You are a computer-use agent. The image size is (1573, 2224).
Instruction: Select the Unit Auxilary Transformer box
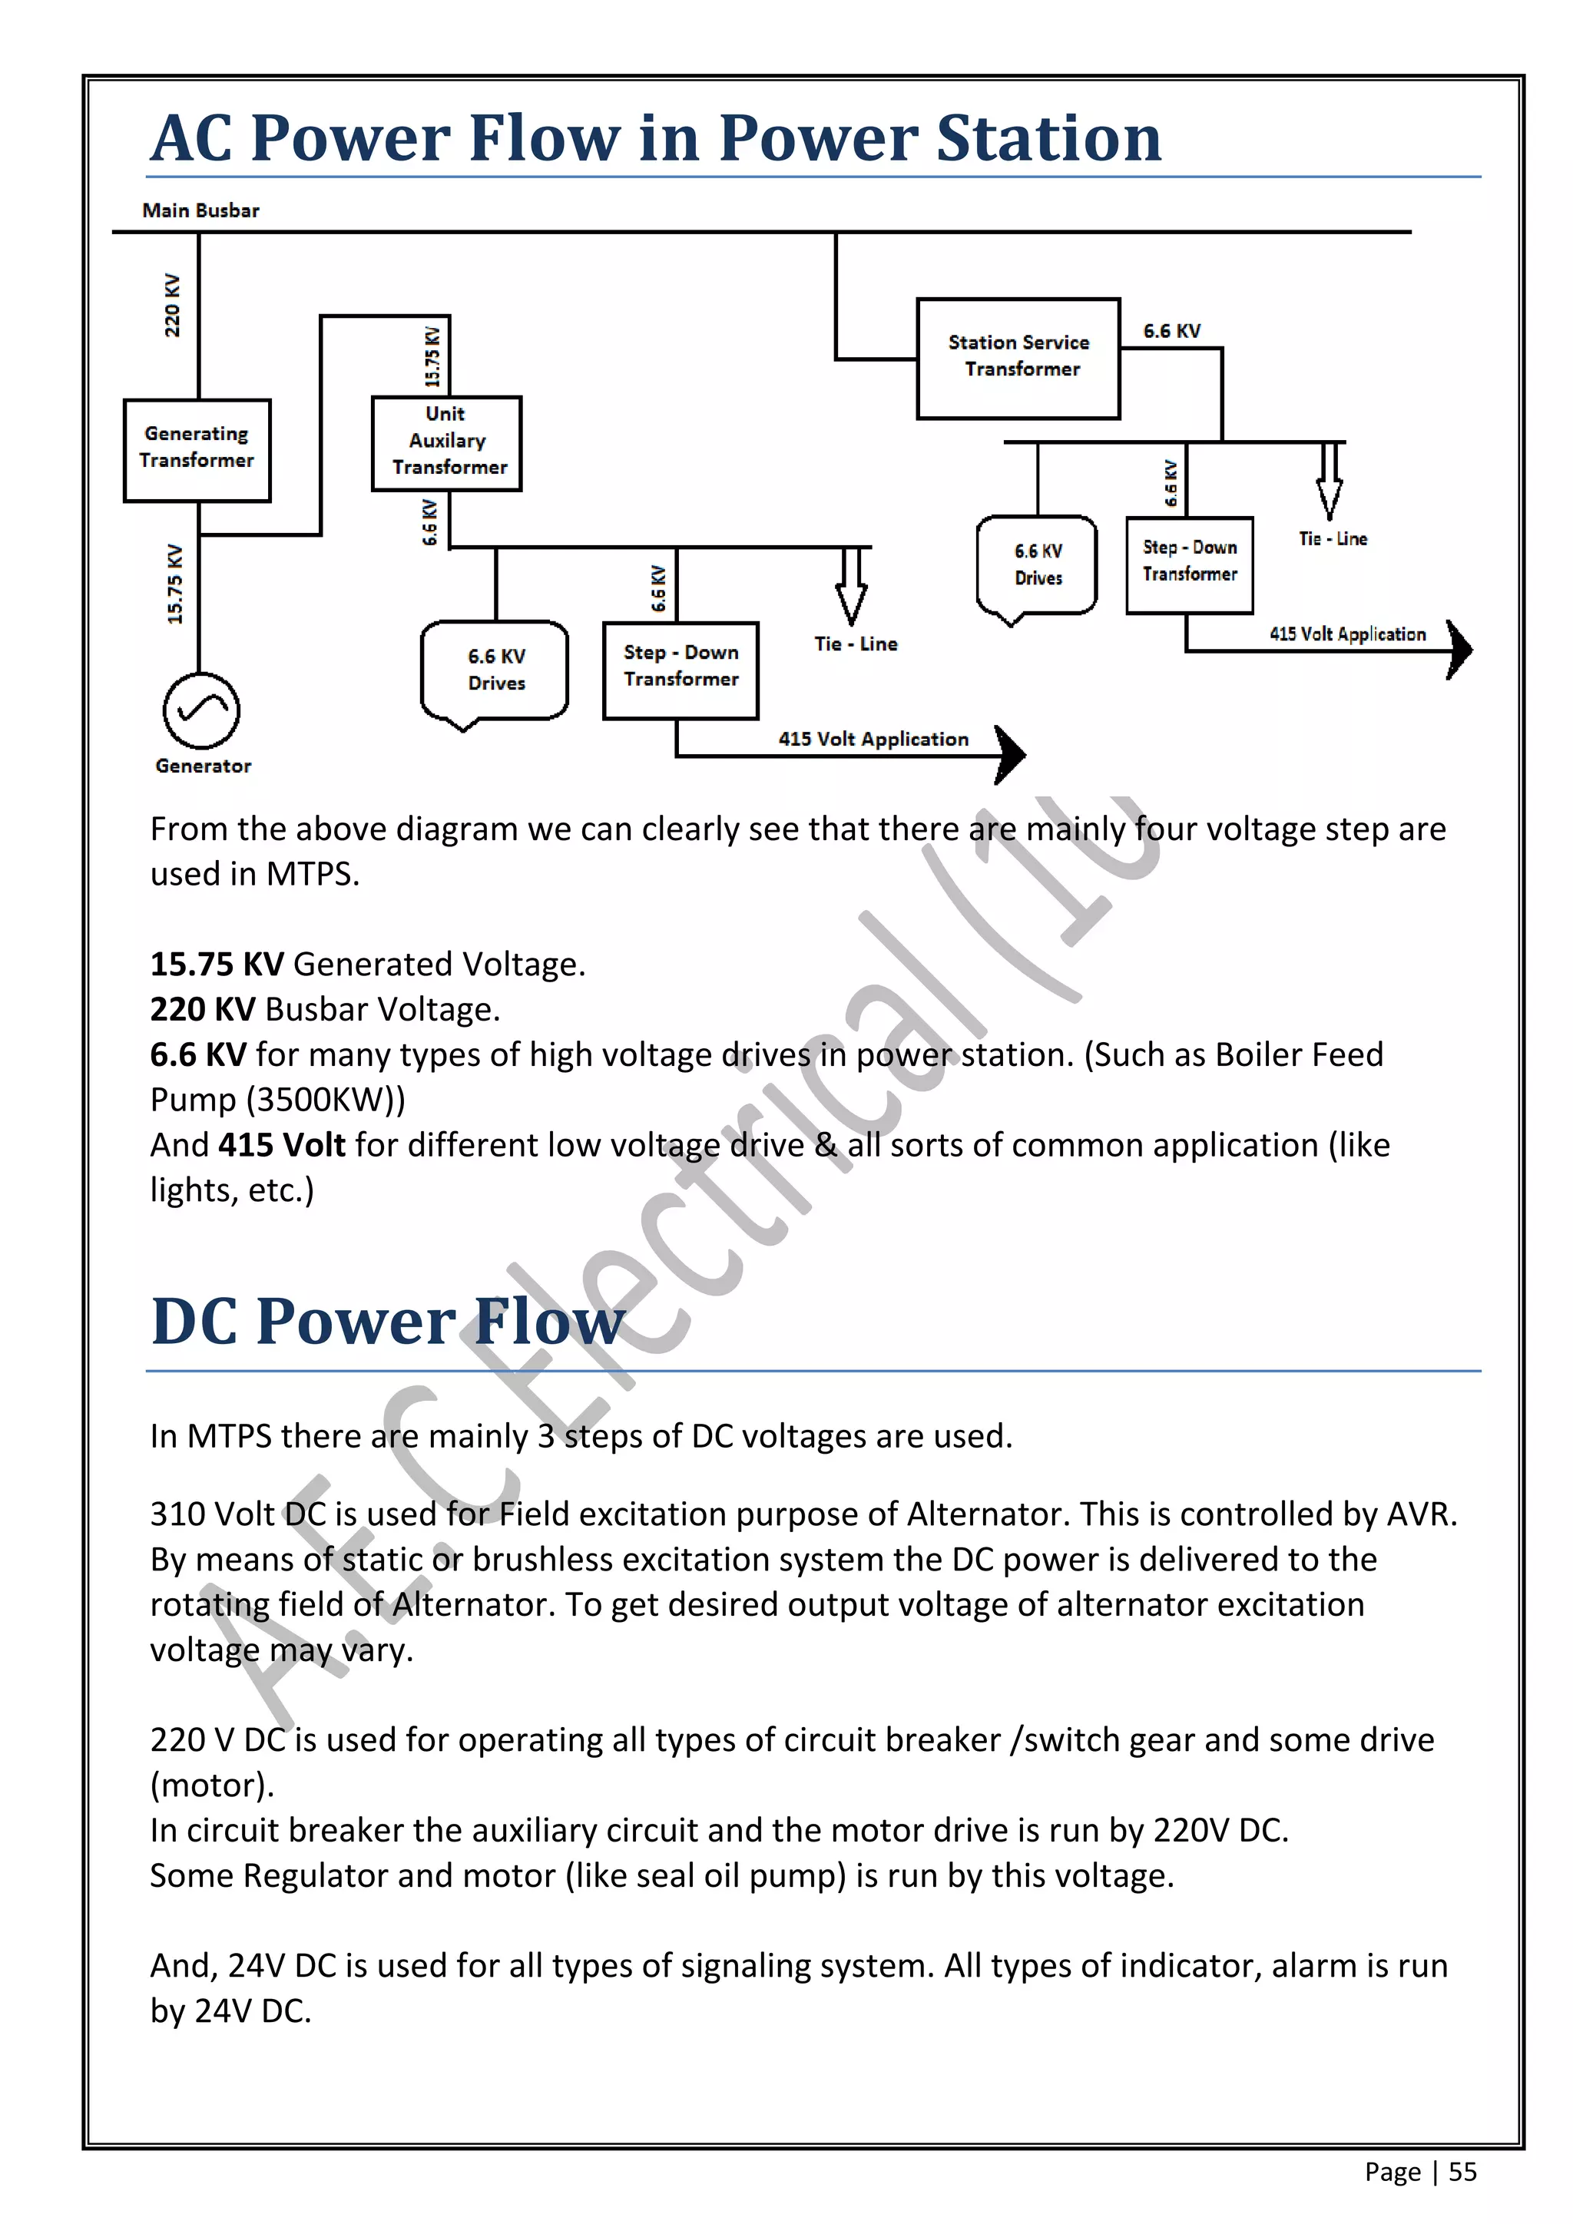(446, 442)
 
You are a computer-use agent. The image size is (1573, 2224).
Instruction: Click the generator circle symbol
(201, 710)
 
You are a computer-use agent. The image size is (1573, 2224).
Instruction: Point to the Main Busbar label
(200, 210)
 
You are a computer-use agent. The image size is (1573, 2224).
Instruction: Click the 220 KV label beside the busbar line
(172, 305)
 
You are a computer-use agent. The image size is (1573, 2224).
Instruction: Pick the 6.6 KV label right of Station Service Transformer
(1171, 331)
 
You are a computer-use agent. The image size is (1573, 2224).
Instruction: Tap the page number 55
(1462, 2172)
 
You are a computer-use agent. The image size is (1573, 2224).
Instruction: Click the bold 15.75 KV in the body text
(217, 965)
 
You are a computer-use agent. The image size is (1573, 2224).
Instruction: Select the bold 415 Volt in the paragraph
(282, 1145)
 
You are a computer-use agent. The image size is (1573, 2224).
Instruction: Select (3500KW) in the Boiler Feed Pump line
(326, 1100)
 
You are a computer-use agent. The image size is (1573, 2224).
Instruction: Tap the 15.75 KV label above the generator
(174, 584)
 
